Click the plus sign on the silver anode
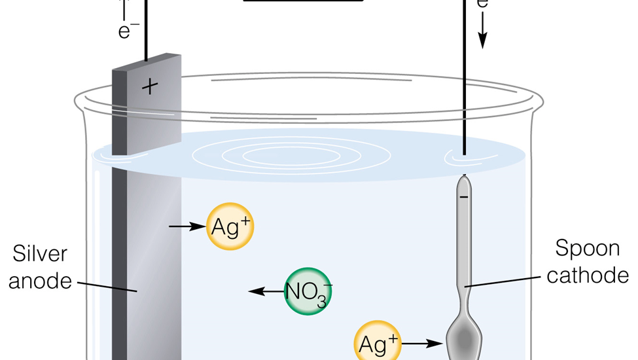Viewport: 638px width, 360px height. tap(150, 86)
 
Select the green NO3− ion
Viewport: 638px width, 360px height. tap(308, 291)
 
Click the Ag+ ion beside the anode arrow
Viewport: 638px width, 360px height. tap(230, 226)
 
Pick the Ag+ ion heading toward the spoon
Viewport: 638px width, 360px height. tap(378, 342)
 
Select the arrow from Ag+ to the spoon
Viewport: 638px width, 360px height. tap(423, 342)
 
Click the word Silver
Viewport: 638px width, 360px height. tap(39, 254)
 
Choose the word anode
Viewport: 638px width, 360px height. tap(39, 281)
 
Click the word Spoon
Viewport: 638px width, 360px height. tap(587, 249)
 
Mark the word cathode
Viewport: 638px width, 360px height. tap(587, 276)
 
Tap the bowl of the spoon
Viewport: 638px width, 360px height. tap(465, 339)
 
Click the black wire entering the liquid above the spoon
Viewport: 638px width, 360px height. tap(465, 98)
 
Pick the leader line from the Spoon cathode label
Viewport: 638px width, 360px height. tap(504, 281)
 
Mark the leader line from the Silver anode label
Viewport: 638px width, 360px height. tap(108, 287)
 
